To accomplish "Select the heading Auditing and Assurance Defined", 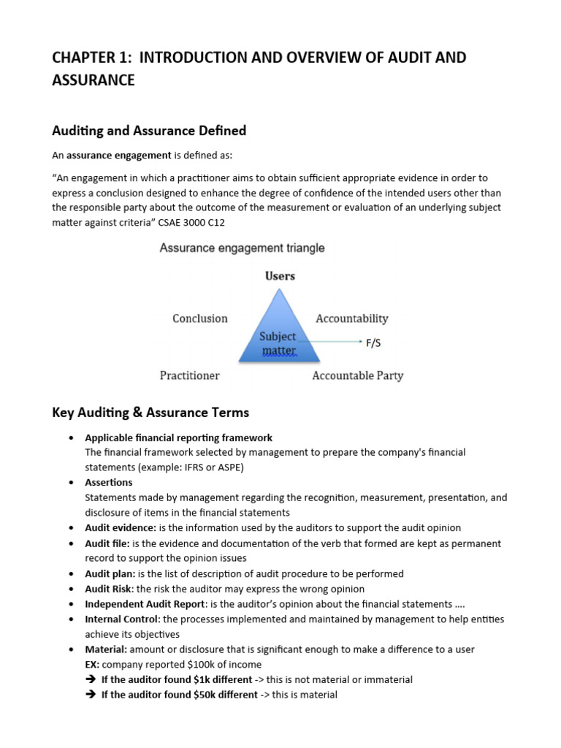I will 149,131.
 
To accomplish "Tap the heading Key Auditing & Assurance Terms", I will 150,413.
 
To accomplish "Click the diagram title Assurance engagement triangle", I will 243,248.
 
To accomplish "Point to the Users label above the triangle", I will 279,276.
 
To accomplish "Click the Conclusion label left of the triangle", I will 199,318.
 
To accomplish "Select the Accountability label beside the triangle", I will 351,318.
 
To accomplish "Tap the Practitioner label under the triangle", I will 189,375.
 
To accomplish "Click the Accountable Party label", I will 357,375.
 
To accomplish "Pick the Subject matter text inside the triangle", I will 278,343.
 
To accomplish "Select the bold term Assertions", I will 109,483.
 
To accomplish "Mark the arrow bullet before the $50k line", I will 91,695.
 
